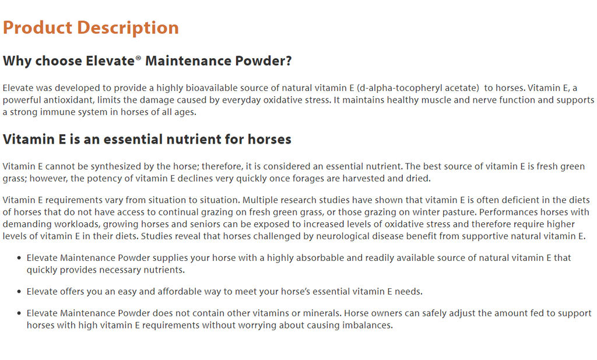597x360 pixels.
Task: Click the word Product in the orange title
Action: click(x=37, y=27)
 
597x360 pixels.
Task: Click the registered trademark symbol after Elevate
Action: click(x=138, y=58)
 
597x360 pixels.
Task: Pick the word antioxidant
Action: click(x=69, y=100)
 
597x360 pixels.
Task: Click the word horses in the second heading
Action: click(x=269, y=139)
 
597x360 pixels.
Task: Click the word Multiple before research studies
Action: click(x=259, y=200)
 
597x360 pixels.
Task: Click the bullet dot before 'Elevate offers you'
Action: click(x=19, y=292)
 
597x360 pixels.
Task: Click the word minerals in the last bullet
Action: click(x=322, y=313)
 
